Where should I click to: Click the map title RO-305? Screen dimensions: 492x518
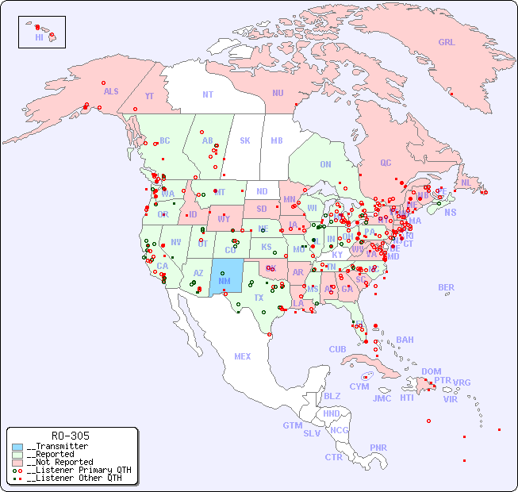coord(70,436)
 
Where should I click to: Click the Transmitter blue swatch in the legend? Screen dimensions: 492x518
coord(17,446)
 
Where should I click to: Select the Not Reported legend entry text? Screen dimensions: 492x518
coord(59,462)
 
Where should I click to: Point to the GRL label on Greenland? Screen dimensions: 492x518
coord(447,43)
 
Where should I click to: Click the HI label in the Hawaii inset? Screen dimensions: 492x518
coord(39,37)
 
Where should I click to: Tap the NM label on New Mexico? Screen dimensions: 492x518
coord(224,280)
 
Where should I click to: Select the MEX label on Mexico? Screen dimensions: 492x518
coord(243,356)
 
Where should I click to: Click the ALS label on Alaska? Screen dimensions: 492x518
coord(111,91)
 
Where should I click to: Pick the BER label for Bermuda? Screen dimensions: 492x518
coord(446,287)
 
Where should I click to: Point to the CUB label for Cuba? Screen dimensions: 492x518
coord(337,349)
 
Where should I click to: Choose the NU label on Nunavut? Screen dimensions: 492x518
coord(278,93)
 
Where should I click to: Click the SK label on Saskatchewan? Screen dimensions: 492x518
coord(245,140)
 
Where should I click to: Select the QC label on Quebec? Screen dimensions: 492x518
coord(386,163)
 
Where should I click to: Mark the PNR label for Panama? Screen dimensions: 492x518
coord(378,448)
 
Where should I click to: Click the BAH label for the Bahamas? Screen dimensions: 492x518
coord(405,340)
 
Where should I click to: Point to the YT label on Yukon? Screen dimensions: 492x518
coord(149,96)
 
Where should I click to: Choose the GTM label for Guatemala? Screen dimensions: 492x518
coord(292,425)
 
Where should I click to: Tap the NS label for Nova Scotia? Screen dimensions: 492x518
coord(450,212)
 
